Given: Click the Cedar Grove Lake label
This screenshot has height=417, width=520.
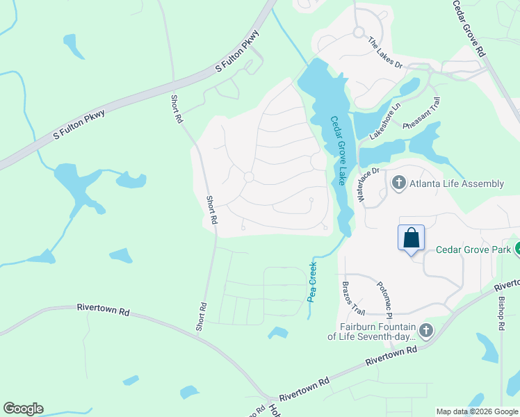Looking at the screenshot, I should (x=339, y=151).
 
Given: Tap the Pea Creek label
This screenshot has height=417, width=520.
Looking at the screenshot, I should (x=311, y=281).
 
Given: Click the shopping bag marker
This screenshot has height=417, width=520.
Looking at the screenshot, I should (x=411, y=238).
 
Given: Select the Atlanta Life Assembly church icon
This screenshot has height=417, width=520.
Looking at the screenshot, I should (x=399, y=183).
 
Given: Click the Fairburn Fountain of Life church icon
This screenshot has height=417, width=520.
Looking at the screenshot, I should (x=427, y=330).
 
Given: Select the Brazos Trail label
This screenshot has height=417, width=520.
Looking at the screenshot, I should (x=353, y=297).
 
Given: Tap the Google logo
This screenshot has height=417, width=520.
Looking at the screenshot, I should (x=23, y=409).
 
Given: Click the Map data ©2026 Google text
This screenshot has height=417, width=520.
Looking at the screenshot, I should (x=476, y=411).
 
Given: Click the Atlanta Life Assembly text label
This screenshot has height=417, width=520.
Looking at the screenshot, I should (x=457, y=183).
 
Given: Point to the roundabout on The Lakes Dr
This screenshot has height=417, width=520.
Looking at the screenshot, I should (x=359, y=32).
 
